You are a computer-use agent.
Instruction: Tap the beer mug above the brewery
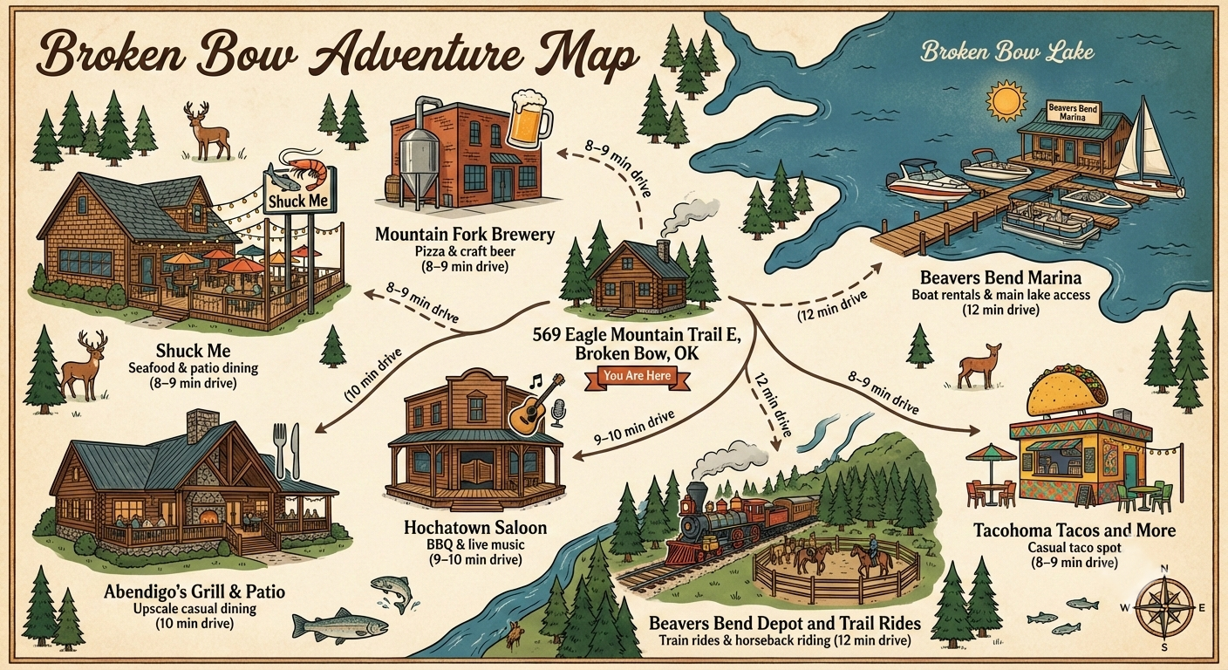coord(528,120)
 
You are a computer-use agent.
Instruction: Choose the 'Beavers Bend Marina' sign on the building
coord(1074,112)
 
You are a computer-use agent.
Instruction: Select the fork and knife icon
coord(288,449)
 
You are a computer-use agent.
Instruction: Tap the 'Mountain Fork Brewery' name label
coord(464,235)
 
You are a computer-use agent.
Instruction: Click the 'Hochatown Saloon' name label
coord(475,528)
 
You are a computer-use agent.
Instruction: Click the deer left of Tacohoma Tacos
coord(978,365)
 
